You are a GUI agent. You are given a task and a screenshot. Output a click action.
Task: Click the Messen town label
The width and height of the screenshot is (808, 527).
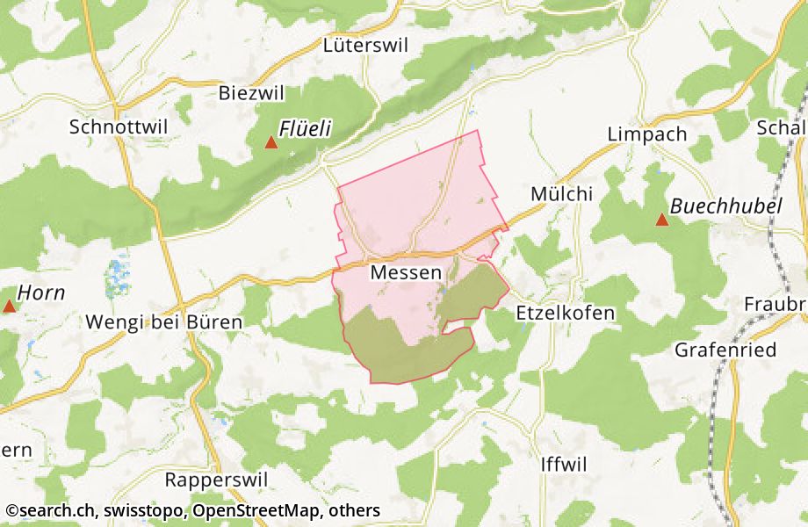[x=406, y=273]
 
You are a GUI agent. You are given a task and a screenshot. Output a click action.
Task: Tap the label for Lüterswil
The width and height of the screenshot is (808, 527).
[x=366, y=47]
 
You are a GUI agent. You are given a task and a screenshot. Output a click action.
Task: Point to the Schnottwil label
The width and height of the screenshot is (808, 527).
[x=118, y=126]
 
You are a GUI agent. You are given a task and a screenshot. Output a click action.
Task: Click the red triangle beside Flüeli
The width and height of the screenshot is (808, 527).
[x=271, y=141]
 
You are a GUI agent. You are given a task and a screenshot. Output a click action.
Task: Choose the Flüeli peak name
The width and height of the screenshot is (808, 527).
[x=305, y=130]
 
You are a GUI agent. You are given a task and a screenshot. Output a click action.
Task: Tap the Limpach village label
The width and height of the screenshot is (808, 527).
[x=647, y=134]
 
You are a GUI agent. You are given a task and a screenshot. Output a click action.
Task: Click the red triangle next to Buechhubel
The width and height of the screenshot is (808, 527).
[x=662, y=219]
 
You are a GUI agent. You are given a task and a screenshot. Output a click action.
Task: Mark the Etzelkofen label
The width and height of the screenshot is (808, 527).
[x=566, y=313]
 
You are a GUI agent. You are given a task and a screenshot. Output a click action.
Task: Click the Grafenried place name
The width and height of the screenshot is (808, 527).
[x=725, y=350]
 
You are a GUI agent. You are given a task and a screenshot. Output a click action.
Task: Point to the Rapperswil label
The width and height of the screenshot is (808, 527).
[x=216, y=480]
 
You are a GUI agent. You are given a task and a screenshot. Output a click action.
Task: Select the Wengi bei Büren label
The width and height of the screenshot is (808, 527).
[x=163, y=322]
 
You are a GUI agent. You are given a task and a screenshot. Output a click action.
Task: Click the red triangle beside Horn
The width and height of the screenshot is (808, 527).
[x=10, y=306]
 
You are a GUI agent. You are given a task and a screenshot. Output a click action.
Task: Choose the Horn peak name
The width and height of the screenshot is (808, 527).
[x=41, y=293]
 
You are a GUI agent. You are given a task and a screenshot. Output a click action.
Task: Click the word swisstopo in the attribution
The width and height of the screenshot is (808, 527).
[x=143, y=510]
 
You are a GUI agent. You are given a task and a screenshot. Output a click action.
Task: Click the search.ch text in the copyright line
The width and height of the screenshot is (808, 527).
[x=53, y=510]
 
